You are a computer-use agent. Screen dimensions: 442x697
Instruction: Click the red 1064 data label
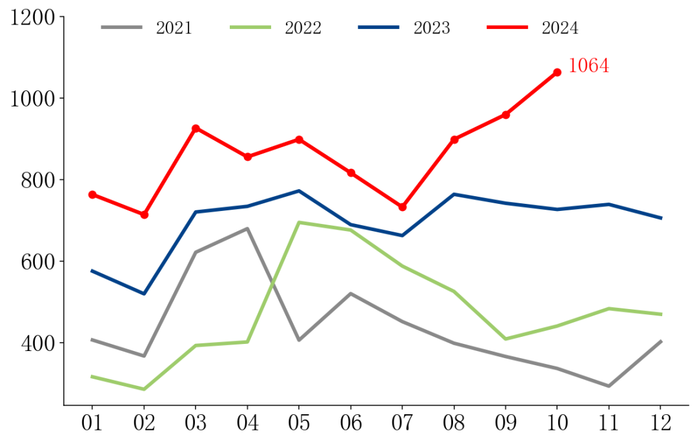[588, 66]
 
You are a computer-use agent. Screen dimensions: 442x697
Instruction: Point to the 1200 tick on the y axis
[33, 17]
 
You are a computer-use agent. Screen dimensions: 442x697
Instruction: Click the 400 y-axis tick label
[39, 343]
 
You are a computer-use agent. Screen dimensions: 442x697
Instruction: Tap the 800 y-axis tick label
[39, 180]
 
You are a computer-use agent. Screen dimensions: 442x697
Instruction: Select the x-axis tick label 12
[660, 423]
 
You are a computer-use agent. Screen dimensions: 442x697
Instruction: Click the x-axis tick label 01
[92, 423]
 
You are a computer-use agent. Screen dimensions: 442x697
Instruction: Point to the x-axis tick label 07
[402, 423]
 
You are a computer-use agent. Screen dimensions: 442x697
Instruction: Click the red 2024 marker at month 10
[557, 72]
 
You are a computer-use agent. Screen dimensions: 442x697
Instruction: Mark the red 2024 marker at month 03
[196, 128]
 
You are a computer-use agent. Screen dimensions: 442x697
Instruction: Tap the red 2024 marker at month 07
[402, 207]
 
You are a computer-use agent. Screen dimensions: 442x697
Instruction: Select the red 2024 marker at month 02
[144, 214]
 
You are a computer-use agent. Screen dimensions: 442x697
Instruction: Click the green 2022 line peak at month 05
[299, 223]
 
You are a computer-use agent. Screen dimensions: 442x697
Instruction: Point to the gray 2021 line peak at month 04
[247, 228]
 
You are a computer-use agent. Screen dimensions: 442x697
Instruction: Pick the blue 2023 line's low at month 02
[144, 294]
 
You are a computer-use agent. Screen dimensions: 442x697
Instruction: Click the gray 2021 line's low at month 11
[609, 386]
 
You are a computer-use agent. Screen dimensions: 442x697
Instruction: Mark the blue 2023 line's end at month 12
[661, 218]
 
